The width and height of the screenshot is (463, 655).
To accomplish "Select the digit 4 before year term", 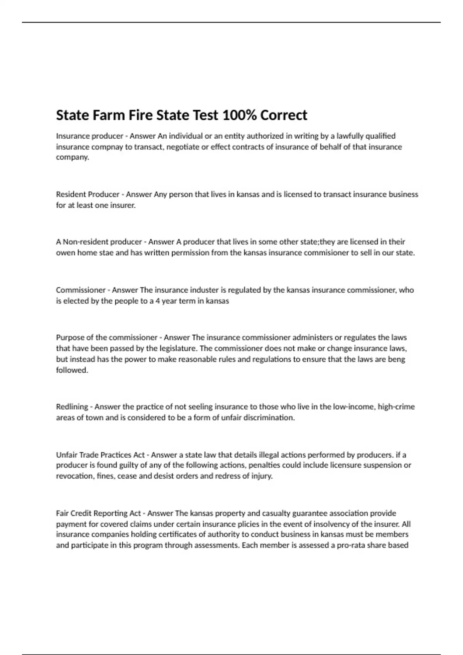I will (x=157, y=301).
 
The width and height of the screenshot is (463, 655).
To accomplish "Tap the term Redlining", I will (x=72, y=406).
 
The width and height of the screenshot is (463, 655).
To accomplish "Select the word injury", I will (x=262, y=476).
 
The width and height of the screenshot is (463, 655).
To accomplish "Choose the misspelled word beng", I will (x=397, y=359).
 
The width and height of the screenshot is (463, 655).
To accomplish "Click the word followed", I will (x=72, y=370).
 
